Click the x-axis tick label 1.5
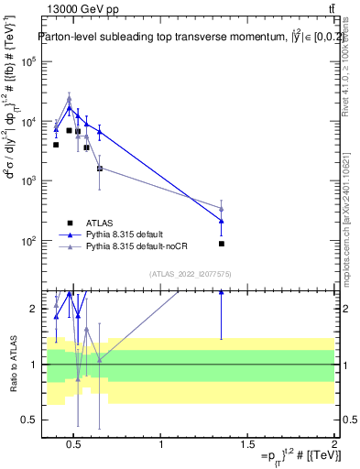tap(247, 445)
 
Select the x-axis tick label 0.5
tap(74, 445)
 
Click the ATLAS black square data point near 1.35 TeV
tap(222, 244)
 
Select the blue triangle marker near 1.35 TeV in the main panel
tap(222, 221)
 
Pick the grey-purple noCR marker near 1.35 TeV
tap(222, 210)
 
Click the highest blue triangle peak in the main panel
tap(70, 108)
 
